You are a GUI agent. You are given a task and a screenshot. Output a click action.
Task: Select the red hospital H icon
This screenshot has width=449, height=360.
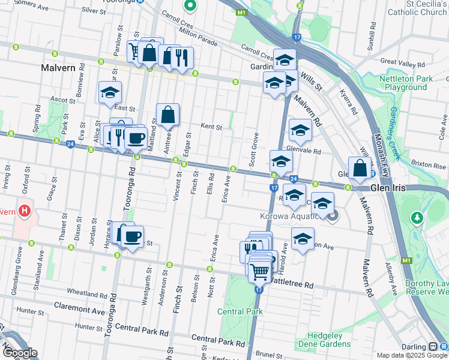[24, 211]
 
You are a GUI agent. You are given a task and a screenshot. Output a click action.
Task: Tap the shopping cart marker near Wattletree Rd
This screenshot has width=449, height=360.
[259, 271]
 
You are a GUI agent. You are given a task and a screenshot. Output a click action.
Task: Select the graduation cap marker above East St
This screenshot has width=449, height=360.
[110, 93]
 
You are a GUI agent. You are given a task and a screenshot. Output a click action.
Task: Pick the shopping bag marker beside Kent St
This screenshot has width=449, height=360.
[168, 115]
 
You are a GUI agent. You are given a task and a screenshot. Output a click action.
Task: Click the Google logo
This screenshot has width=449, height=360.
[19, 353]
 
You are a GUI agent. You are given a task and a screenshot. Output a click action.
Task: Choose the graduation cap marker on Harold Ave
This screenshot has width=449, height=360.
[303, 239]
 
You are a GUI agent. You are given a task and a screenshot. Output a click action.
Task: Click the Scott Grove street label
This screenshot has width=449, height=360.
[254, 149]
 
